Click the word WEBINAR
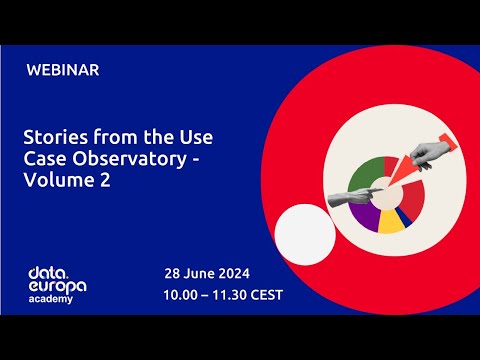pyautogui.click(x=63, y=70)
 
